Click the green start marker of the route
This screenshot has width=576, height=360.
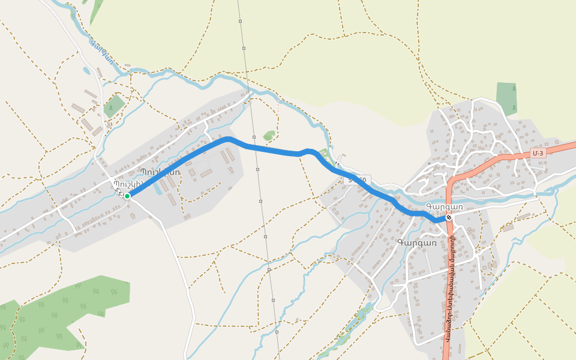[x=127, y=196]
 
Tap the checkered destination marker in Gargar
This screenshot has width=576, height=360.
[x=448, y=217]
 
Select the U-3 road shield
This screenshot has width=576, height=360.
[x=538, y=153]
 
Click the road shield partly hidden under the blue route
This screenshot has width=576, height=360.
[x=358, y=179]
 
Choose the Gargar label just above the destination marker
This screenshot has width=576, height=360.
[x=444, y=206]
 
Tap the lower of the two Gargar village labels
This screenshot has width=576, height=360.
[x=416, y=242]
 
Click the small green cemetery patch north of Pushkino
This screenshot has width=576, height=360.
[x=114, y=106]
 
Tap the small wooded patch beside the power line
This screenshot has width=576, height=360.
[x=269, y=135]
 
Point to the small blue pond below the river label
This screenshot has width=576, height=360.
[x=87, y=70]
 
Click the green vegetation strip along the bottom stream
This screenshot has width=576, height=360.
[x=354, y=324]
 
